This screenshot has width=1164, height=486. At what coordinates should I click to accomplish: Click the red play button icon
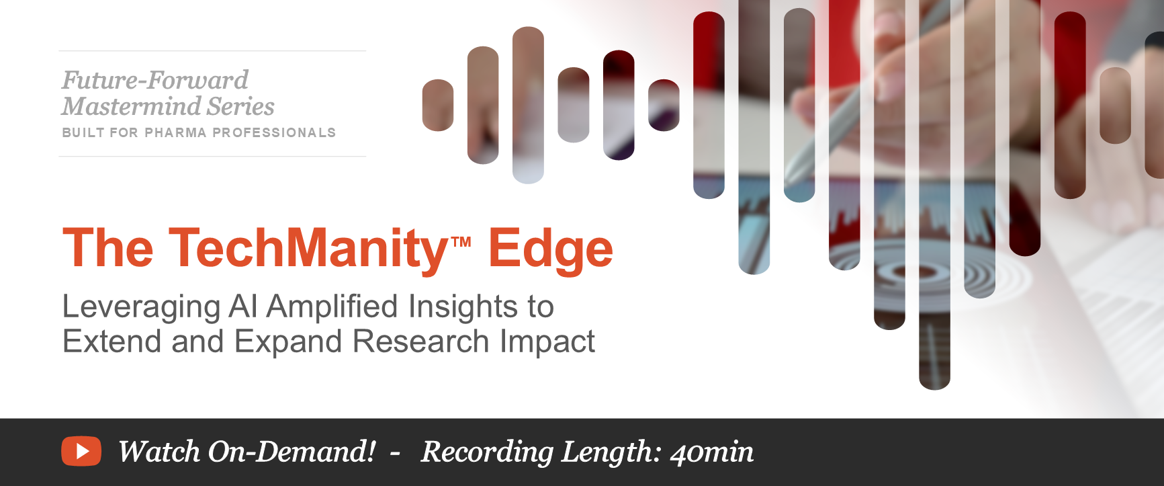click(x=81, y=451)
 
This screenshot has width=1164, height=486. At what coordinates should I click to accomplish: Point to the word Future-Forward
click(x=155, y=80)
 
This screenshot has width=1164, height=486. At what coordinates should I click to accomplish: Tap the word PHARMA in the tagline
click(x=175, y=132)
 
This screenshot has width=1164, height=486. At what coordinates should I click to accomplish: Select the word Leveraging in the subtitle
click(x=141, y=308)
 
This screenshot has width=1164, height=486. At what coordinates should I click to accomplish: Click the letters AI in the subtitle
click(x=243, y=307)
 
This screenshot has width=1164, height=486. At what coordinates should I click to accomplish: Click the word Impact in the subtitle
click(x=547, y=343)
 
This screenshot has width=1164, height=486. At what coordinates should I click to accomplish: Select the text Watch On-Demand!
click(x=247, y=452)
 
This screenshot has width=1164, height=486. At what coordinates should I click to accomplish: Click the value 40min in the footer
click(x=712, y=452)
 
